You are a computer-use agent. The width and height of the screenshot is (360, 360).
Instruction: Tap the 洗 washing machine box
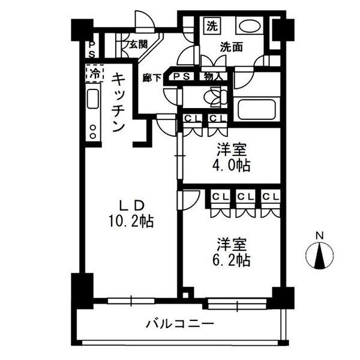coord(212,26)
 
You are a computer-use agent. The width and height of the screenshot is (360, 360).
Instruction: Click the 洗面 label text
coord(231,46)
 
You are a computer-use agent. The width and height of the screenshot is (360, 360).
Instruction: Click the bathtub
coord(257,110)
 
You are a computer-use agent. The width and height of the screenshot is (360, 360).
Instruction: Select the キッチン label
coord(119,102)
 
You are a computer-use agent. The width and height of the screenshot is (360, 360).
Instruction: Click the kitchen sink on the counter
coord(94,100)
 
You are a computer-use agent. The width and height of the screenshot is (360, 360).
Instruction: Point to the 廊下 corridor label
coord(151,77)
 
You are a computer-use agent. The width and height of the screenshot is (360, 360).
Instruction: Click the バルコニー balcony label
coord(179,325)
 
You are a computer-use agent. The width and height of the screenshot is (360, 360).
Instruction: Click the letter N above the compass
coord(320,235)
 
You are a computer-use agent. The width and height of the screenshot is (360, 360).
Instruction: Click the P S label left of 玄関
coord(91,49)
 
